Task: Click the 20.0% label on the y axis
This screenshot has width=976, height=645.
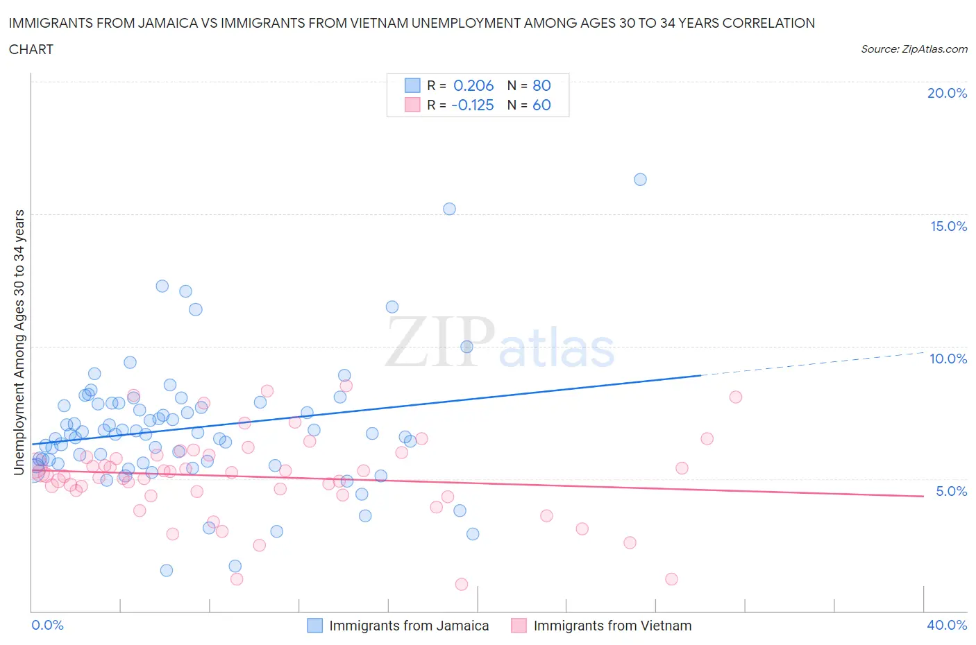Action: click(947, 93)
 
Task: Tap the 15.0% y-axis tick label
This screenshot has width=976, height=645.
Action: click(948, 226)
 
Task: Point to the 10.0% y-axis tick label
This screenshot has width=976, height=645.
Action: click(948, 359)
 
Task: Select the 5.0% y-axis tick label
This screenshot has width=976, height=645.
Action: click(951, 491)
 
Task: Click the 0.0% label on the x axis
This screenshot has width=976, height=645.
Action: click(48, 625)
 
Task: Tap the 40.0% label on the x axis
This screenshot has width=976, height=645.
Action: click(947, 625)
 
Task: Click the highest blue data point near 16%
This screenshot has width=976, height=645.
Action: click(640, 180)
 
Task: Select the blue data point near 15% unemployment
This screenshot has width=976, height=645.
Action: click(449, 209)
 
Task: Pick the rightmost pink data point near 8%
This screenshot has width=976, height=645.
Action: click(736, 397)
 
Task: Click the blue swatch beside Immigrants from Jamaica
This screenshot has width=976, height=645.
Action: click(315, 626)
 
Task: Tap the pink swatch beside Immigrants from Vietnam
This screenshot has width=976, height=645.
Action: click(519, 626)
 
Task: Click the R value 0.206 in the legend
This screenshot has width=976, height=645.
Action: click(473, 85)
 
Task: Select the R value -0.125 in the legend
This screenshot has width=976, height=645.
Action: click(472, 105)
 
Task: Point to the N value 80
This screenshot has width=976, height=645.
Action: click(541, 85)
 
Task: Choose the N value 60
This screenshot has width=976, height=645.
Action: click(541, 105)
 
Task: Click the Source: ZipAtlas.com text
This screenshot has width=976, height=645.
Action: click(914, 49)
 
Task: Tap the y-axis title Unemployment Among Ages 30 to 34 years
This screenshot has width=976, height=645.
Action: click(19, 342)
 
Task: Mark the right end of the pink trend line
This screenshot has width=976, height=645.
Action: click(923, 496)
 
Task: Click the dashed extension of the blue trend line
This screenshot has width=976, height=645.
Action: click(812, 364)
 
